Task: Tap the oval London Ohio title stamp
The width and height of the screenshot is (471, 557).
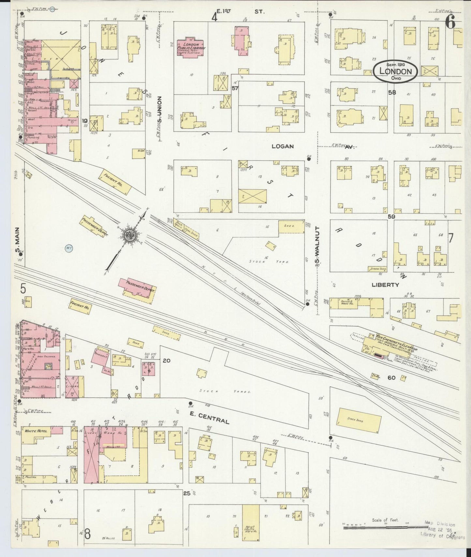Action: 396,71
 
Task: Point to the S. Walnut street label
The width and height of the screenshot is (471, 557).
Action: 316,247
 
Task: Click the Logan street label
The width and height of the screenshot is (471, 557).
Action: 283,147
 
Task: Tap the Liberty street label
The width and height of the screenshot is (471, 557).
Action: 385,285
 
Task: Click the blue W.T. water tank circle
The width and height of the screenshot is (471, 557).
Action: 68,248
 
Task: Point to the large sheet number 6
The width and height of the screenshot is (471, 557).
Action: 451,23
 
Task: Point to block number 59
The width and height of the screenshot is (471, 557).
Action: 391,216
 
